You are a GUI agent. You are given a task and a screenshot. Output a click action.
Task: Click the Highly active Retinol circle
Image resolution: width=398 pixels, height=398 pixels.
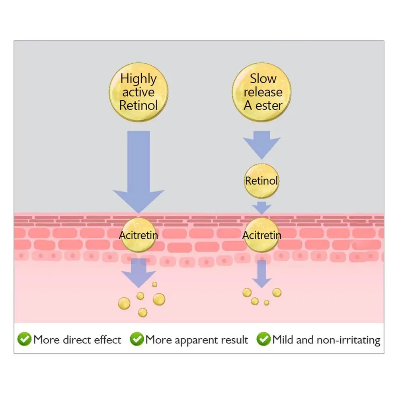click(139, 92)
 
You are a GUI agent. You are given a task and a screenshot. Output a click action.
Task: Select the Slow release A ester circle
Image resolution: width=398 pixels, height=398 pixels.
click(261, 92)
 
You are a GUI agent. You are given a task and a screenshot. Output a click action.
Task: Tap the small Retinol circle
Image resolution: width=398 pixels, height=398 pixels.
click(261, 181)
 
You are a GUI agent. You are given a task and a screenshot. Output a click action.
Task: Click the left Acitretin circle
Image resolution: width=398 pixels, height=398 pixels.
click(139, 235)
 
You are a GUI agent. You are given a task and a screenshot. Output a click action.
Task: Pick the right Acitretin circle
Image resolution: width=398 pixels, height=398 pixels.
click(261, 235)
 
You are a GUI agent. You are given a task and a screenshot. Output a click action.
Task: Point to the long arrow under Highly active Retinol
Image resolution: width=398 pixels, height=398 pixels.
click(139, 171)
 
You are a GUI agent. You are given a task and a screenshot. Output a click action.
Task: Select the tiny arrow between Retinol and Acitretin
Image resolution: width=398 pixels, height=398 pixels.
click(261, 207)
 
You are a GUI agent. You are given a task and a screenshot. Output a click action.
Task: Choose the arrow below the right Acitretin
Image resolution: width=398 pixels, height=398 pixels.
click(261, 273)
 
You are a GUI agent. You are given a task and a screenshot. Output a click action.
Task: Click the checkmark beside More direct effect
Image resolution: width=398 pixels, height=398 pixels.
click(25, 339)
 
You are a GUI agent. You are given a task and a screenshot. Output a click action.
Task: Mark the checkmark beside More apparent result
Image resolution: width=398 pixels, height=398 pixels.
click(137, 339)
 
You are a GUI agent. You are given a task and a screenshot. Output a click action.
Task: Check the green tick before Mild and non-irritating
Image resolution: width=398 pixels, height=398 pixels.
click(263, 339)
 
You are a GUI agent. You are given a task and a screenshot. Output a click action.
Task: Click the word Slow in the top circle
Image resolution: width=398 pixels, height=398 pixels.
click(263, 78)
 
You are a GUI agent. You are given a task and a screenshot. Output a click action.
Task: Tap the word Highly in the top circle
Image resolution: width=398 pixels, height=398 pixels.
click(139, 78)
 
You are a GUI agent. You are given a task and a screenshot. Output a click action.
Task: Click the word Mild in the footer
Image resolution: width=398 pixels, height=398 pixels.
click(284, 340)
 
